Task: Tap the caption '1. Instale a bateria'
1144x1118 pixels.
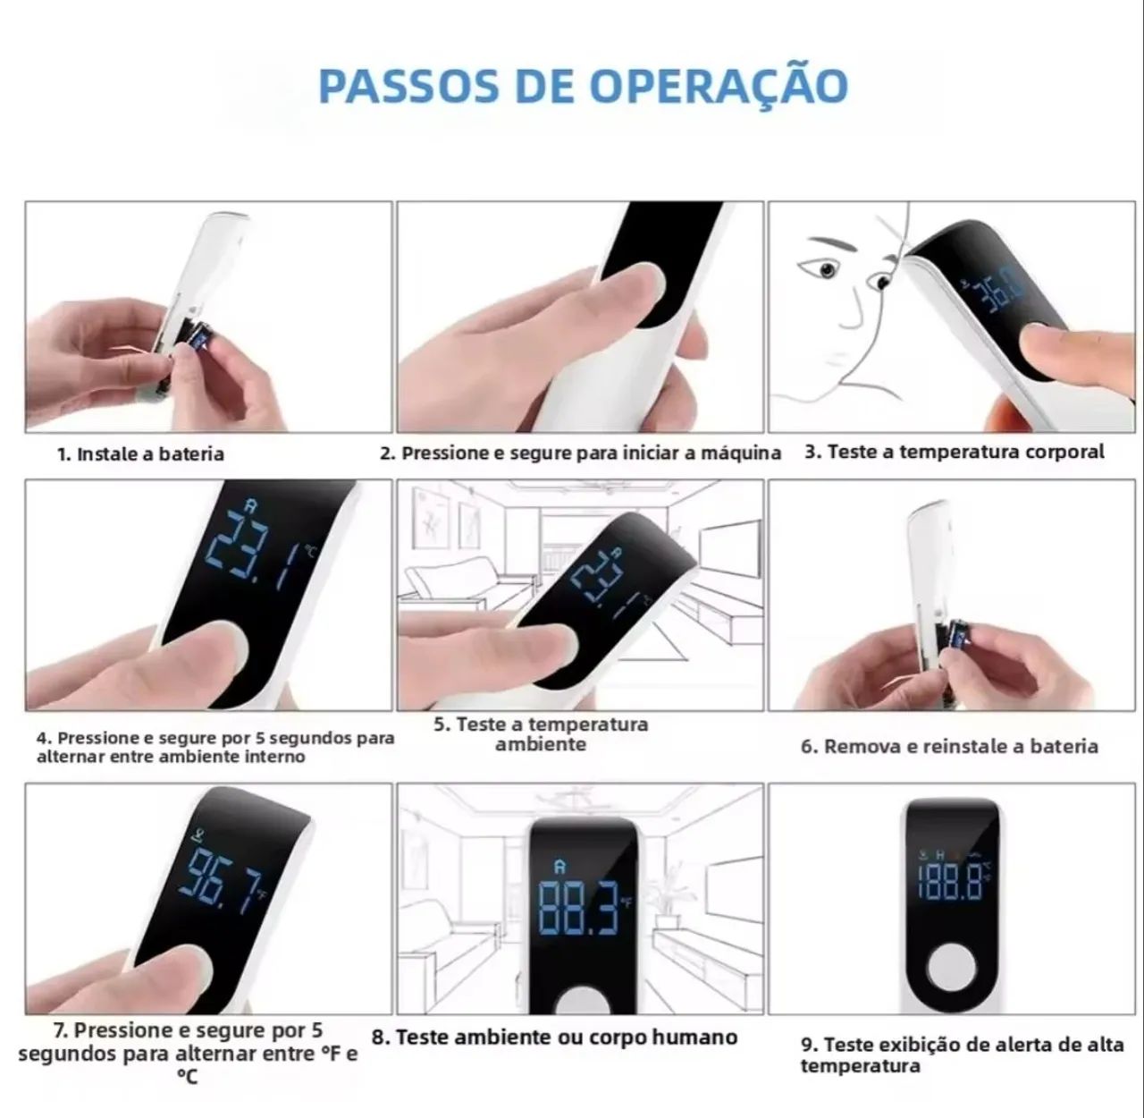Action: click(140, 454)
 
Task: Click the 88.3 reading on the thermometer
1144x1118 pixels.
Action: click(580, 909)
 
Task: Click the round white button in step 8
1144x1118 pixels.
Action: click(581, 1000)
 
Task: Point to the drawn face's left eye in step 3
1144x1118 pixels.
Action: click(828, 269)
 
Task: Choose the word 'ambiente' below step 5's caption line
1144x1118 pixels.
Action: click(540, 744)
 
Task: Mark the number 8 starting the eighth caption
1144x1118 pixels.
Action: click(379, 1038)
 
